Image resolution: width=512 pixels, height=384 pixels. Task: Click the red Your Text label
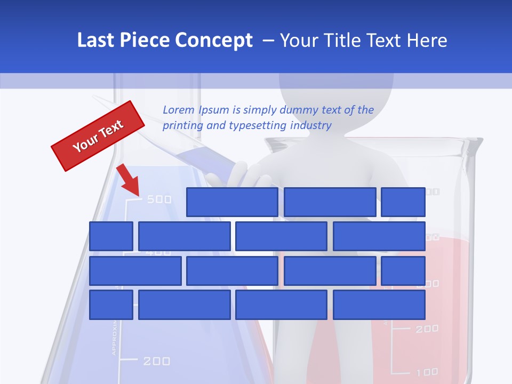coord(98,135)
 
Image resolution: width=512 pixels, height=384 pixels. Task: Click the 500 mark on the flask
coord(159,199)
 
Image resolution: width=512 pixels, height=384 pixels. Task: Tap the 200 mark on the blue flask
coord(157,361)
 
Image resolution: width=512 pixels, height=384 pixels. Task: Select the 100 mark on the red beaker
coord(427,372)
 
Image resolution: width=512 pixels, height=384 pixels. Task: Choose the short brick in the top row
coord(403,202)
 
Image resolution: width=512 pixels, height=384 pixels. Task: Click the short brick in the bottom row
coord(111,305)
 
